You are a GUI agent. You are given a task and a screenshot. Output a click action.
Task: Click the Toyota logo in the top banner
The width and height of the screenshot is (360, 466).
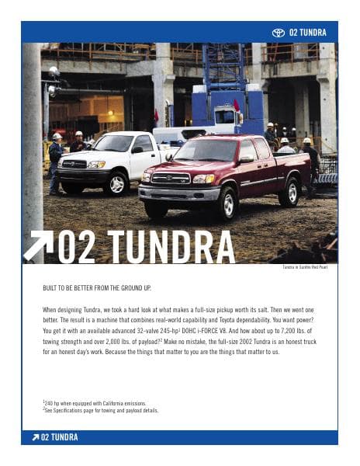coord(279,33)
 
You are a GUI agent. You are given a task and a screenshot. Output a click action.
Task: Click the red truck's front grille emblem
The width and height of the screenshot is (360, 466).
coord(171,179)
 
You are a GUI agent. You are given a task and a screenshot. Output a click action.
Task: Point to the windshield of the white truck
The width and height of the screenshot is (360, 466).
coord(114,144)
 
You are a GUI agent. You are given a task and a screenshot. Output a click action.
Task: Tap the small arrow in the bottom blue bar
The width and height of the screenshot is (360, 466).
coord(35,437)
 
